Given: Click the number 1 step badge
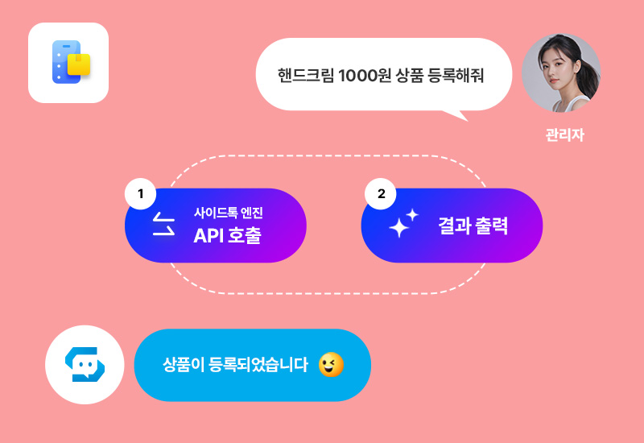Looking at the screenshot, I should [x=141, y=194].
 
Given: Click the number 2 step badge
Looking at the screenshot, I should [x=381, y=194].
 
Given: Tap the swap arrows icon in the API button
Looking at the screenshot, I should [x=164, y=226].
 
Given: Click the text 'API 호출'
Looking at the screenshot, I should [x=227, y=236].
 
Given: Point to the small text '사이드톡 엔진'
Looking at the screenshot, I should [x=228, y=213].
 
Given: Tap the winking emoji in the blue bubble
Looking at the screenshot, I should [x=331, y=365].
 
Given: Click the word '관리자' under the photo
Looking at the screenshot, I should [x=563, y=135].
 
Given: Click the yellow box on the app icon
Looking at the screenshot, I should [x=79, y=64].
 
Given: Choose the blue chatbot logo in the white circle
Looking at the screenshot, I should [x=85, y=365].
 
